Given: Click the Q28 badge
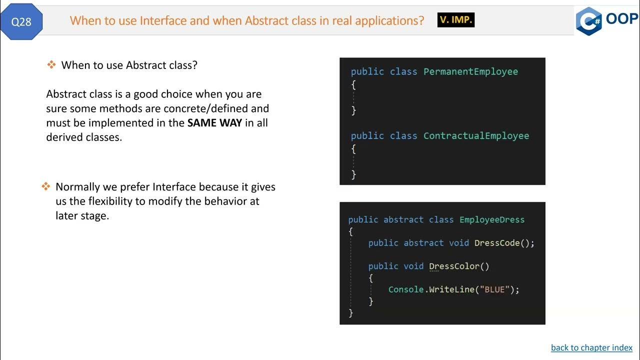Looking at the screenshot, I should [21, 22].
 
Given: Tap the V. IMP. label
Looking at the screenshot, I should [455, 20].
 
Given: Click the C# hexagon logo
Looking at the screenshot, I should [588, 21].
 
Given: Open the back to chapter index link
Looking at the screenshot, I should [591, 347].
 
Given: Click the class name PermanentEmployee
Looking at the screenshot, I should [470, 71].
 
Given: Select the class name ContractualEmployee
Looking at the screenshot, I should [476, 135].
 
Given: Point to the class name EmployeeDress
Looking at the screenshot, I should [492, 219].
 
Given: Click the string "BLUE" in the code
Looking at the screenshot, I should [494, 289].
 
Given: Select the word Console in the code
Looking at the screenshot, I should [406, 289].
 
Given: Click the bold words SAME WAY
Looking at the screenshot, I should [214, 123].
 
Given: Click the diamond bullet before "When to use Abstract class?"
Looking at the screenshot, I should [51, 65].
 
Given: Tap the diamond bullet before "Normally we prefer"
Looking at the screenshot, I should [45, 187].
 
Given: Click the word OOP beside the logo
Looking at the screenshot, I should [622, 19].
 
